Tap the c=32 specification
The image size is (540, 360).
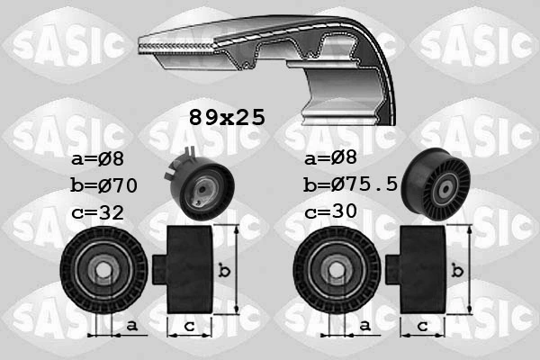(97, 213)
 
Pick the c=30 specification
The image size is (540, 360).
(331, 213)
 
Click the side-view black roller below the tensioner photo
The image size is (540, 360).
(189, 269)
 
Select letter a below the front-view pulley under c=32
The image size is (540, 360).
(131, 325)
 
